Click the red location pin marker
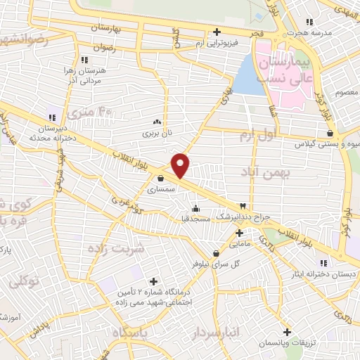pos(181,165)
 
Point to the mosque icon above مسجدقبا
pos(195,208)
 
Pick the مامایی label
pos(239,243)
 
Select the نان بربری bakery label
pos(158,131)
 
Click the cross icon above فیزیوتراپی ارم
pos(217,32)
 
